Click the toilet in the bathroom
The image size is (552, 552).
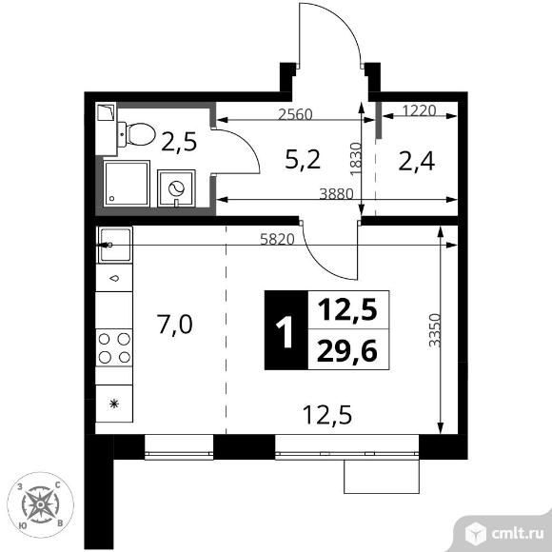click(136, 134)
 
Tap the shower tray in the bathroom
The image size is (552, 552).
click(127, 184)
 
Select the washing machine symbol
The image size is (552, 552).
click(176, 188)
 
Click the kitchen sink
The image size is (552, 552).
click(115, 245)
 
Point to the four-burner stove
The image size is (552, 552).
click(114, 347)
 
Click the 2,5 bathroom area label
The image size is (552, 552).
click(179, 142)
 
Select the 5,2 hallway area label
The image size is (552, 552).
click(303, 160)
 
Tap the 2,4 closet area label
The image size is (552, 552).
click(417, 162)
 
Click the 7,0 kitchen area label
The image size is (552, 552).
click(174, 325)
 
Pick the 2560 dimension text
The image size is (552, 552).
click(295, 114)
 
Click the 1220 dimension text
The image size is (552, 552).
click(419, 110)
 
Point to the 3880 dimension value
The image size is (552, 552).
click(336, 194)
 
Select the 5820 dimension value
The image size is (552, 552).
click(277, 240)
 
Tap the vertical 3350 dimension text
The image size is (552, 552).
click(435, 330)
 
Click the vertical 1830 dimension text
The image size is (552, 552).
click(356, 159)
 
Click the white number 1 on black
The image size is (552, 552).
click(285, 331)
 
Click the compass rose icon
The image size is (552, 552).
click(41, 504)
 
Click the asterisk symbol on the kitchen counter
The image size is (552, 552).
click(114, 404)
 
